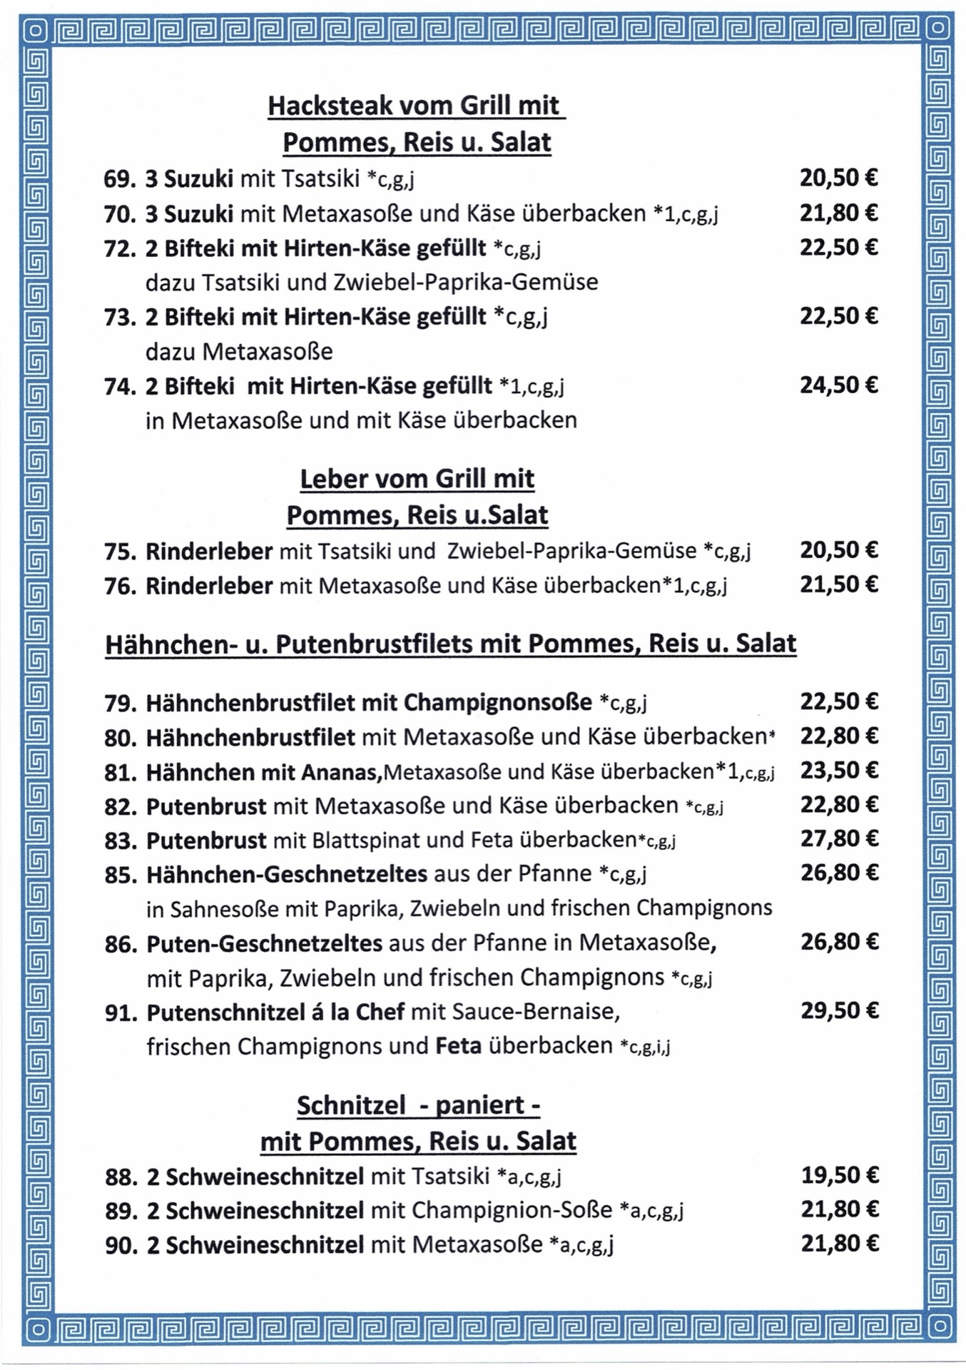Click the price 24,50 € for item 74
838,385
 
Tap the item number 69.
119,178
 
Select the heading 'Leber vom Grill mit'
417,478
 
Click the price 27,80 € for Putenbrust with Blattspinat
839,838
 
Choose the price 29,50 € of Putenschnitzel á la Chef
839,1011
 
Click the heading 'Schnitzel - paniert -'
418,1105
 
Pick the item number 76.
120,587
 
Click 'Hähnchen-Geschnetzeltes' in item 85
287,874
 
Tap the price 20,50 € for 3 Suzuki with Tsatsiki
838,178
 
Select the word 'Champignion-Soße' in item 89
512,1210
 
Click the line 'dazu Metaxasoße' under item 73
239,352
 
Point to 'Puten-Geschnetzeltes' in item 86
265,943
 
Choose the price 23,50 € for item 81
839,771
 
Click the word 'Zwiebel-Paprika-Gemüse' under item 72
465,283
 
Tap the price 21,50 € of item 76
838,585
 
